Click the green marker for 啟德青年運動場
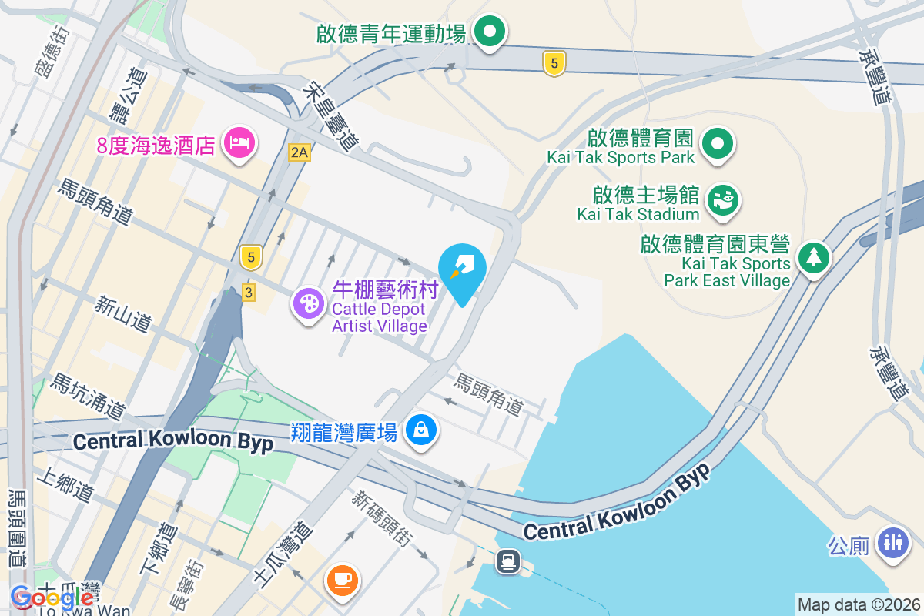pyautogui.click(x=488, y=32)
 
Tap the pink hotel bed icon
pyautogui.click(x=239, y=142)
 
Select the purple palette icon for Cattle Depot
pyautogui.click(x=309, y=303)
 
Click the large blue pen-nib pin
pyautogui.click(x=462, y=270)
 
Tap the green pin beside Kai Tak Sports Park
pyautogui.click(x=718, y=143)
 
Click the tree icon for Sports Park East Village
pyautogui.click(x=813, y=257)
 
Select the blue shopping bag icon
pyautogui.click(x=421, y=430)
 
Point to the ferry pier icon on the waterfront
pyautogui.click(x=508, y=561)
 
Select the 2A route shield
pyautogui.click(x=299, y=152)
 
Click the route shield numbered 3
pyautogui.click(x=248, y=292)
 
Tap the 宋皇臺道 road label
pyautogui.click(x=332, y=115)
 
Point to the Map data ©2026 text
pyautogui.click(x=859, y=604)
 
